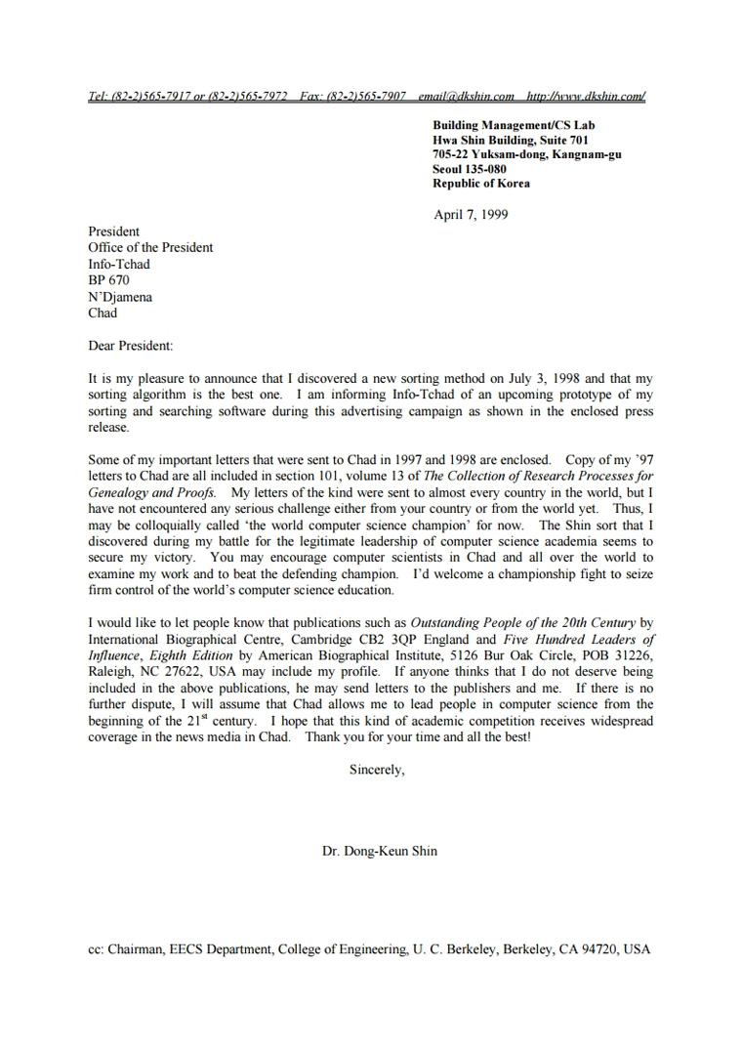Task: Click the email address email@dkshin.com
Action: click(x=466, y=96)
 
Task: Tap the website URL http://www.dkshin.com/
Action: click(x=586, y=96)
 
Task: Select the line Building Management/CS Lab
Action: click(x=514, y=125)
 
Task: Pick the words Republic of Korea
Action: click(x=481, y=184)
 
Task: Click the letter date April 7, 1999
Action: click(x=471, y=215)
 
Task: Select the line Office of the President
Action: click(x=150, y=248)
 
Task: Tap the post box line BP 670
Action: click(x=108, y=280)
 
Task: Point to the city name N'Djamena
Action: click(x=120, y=297)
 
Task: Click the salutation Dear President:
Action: click(x=130, y=346)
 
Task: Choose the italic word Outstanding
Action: click(x=445, y=623)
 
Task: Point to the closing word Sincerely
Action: click(x=375, y=770)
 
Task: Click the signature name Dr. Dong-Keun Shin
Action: click(x=380, y=851)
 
